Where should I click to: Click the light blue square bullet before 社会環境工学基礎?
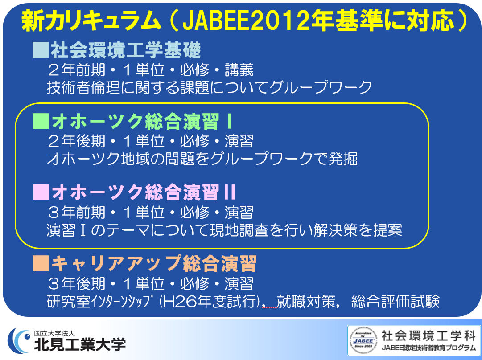click(x=41, y=50)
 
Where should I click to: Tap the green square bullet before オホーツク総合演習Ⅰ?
click(x=41, y=121)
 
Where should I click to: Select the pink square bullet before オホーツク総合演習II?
click(x=41, y=192)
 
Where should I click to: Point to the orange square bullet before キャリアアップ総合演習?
click(x=41, y=264)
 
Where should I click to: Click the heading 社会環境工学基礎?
click(x=126, y=50)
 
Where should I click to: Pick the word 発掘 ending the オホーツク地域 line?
click(x=343, y=159)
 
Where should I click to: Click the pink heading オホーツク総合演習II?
click(x=144, y=192)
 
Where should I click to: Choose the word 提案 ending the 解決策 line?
click(x=387, y=230)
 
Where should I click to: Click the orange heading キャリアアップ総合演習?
click(x=154, y=264)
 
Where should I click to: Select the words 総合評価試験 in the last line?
click(x=395, y=301)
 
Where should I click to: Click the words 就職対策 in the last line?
click(x=306, y=301)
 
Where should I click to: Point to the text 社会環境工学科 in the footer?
click(x=429, y=336)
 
